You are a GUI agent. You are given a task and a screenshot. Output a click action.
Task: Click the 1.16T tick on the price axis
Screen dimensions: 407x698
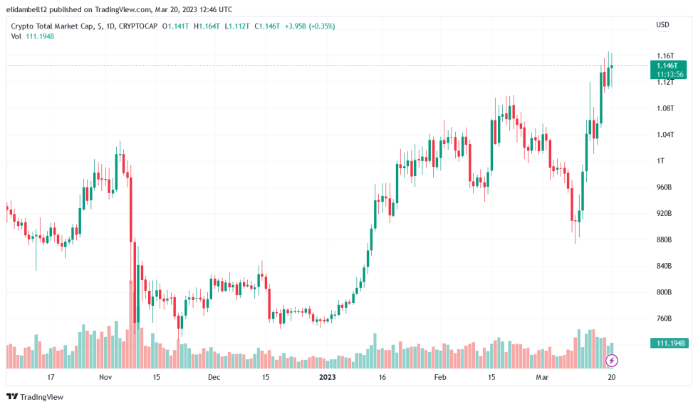pyautogui.click(x=665, y=56)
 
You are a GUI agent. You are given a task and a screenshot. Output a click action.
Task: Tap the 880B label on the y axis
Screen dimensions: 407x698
pyautogui.click(x=664, y=239)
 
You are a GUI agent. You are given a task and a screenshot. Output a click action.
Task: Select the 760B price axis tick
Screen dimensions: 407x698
pyautogui.click(x=664, y=319)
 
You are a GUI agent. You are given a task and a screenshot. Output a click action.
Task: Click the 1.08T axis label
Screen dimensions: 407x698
pyautogui.click(x=665, y=108)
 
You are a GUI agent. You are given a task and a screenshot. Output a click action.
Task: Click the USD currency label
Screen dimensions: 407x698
pyautogui.click(x=662, y=25)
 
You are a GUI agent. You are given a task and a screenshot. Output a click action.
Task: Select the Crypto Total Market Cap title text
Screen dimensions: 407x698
pyautogui.click(x=51, y=26)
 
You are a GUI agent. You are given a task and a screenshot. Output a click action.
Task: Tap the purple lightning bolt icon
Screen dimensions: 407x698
pyautogui.click(x=611, y=361)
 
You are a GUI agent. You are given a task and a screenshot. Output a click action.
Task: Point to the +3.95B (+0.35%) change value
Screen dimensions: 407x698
pyautogui.click(x=310, y=26)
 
